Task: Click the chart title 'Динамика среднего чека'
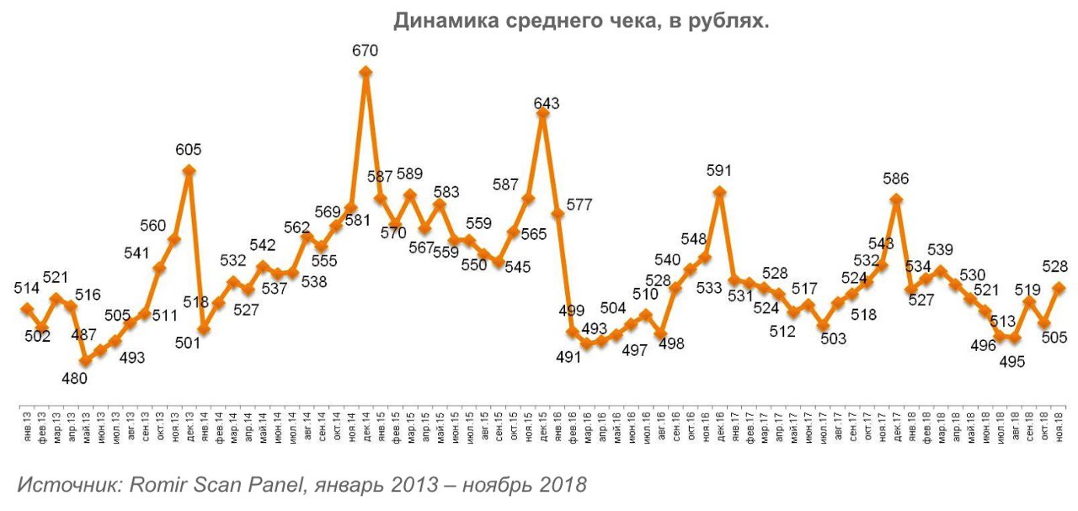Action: tap(581, 20)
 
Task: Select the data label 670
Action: tap(366, 51)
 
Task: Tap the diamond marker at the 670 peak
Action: tap(366, 72)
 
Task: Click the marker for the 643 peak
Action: tap(543, 113)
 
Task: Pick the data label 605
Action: tap(189, 150)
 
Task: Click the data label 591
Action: tap(719, 171)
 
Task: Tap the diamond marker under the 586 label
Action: tap(896, 200)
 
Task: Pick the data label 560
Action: tap(153, 226)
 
